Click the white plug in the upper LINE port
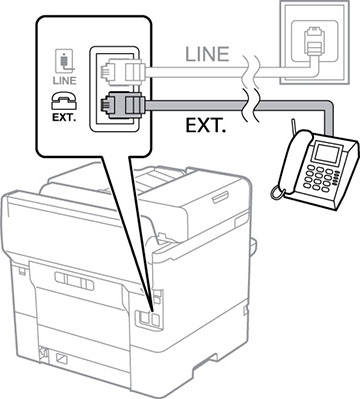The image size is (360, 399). (x=112, y=70)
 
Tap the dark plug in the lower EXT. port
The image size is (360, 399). (x=112, y=105)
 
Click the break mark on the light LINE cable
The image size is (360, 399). (x=254, y=69)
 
